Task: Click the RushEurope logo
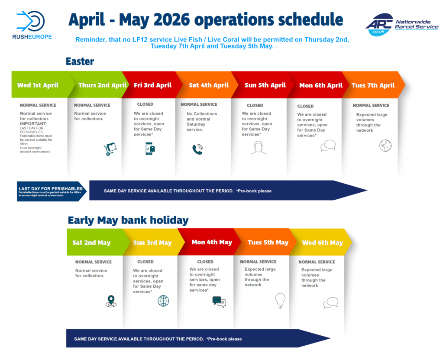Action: coord(32,25)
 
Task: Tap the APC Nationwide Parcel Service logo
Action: coord(402,25)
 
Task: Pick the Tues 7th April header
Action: coord(373,85)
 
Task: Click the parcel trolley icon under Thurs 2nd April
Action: coord(110,149)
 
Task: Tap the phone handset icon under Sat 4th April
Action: coord(198,149)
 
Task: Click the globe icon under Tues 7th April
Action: coord(385,146)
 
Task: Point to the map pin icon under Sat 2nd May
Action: coord(111,301)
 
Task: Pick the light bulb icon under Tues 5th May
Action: coord(280,301)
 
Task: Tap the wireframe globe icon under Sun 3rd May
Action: coord(163,301)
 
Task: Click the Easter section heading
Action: coord(80,62)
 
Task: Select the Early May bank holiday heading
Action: coord(128,220)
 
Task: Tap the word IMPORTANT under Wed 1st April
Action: coord(33,124)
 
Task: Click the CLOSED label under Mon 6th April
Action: coord(305,106)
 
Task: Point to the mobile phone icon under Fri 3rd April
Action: coord(150,149)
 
